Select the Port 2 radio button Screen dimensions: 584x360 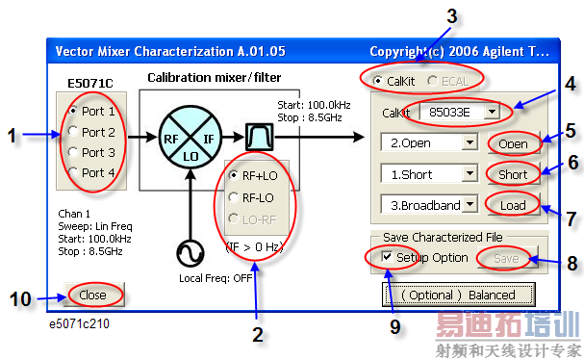coord(73,132)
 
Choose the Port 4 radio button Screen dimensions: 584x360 coord(73,172)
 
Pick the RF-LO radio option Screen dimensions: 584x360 coord(234,197)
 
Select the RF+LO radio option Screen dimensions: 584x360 coord(234,175)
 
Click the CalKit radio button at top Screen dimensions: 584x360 coord(378,81)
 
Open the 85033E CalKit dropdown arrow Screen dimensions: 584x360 coord(493,112)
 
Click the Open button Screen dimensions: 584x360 coord(514,143)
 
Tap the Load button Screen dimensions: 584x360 coord(514,205)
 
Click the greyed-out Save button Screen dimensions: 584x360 coord(507,258)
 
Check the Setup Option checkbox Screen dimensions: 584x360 coord(387,256)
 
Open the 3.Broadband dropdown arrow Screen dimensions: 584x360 coord(470,204)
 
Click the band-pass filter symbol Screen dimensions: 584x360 coord(259,137)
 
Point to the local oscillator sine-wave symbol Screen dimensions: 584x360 coord(190,253)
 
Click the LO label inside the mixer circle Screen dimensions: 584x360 coord(190,157)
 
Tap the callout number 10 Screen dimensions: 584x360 coord(20,299)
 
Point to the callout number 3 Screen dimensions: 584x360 coord(452,16)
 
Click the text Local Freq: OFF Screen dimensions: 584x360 coord(216,278)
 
